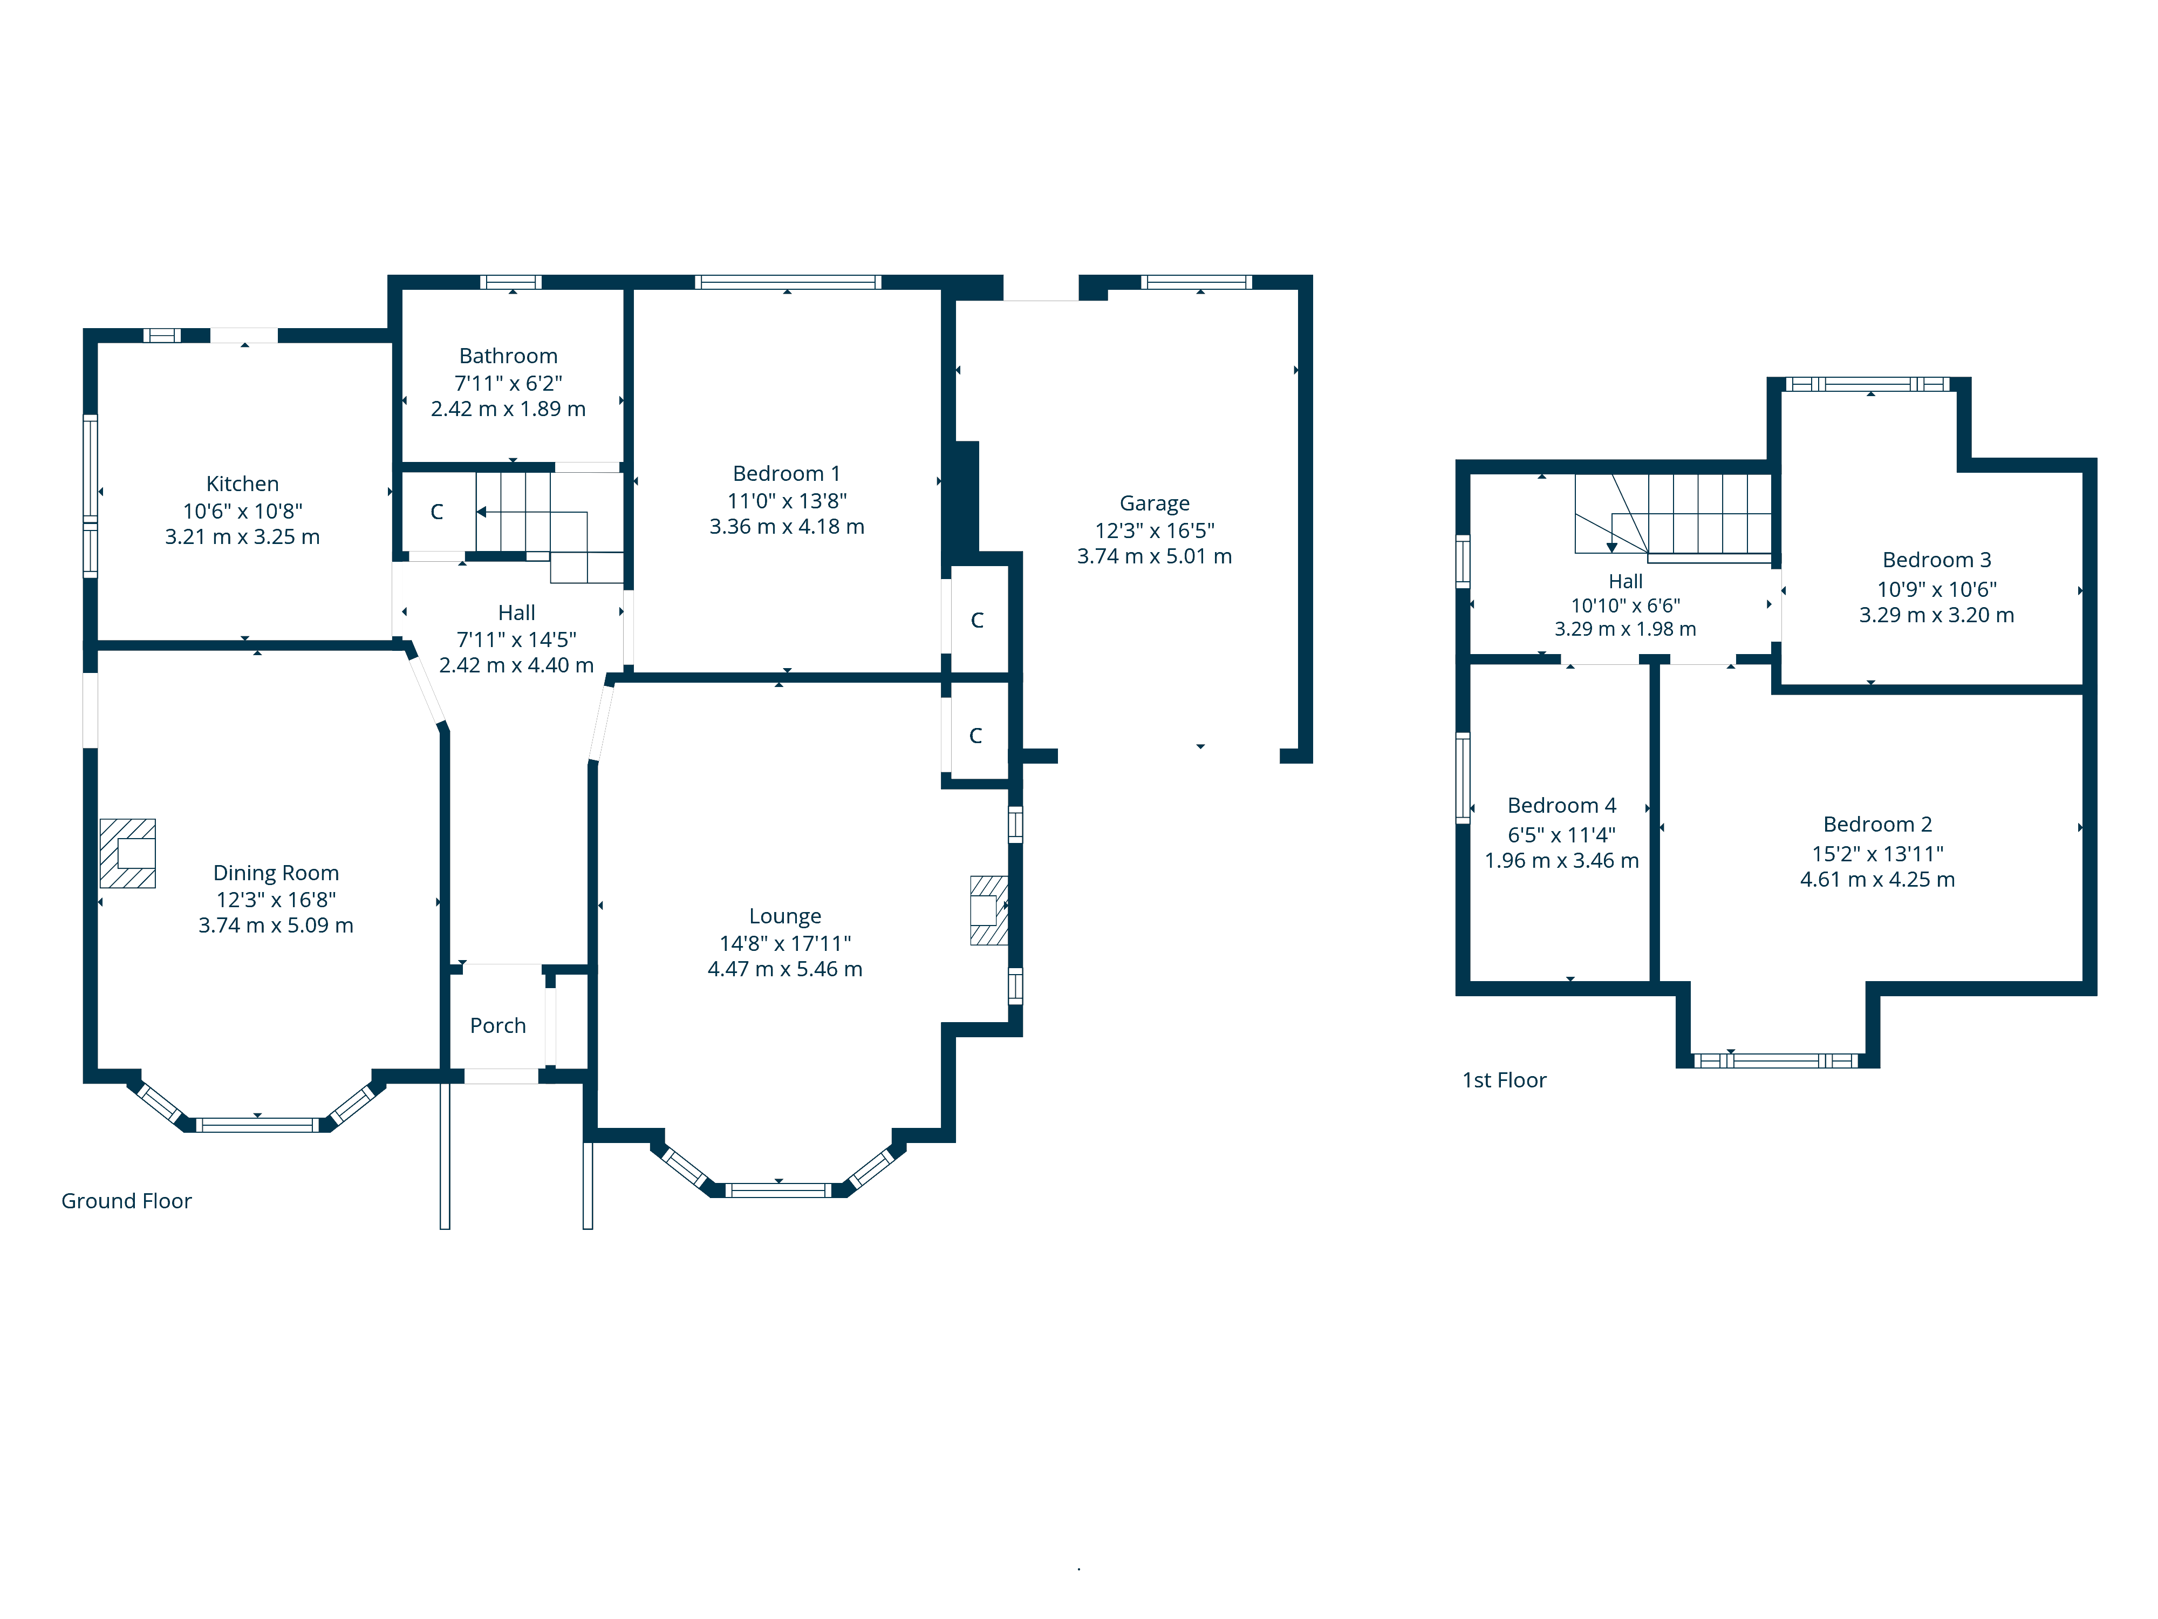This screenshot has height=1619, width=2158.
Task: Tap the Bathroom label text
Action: point(508,356)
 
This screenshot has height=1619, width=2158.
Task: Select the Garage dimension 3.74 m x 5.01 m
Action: point(1154,556)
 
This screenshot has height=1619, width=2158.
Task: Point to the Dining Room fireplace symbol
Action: point(128,853)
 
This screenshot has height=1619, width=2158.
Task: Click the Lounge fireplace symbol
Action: point(988,910)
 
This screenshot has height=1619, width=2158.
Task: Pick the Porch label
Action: point(497,1026)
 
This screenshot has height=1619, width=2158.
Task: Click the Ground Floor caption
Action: point(127,1201)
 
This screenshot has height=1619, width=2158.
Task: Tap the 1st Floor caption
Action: point(1504,1080)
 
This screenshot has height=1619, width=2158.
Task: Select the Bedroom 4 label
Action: point(1562,806)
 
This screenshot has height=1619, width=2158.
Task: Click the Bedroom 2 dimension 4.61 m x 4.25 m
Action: point(1877,879)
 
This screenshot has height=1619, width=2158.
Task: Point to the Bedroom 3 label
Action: point(1937,560)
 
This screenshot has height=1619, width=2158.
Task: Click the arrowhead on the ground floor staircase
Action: point(481,512)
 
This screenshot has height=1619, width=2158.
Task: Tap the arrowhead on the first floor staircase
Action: point(1611,547)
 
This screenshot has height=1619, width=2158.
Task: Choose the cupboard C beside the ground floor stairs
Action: point(437,512)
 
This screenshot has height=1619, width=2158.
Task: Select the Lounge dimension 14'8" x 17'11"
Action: point(786,944)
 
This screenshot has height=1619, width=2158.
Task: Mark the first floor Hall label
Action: point(1626,582)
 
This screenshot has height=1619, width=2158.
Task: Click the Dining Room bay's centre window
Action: point(257,1125)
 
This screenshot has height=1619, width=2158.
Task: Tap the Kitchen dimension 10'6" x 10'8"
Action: point(243,512)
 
